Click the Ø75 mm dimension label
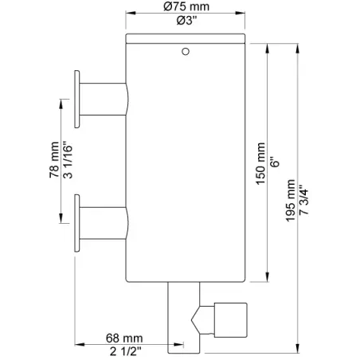pyautogui.click(x=186, y=6)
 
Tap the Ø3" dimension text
pyautogui.click(x=187, y=21)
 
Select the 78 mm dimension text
pyautogui.click(x=54, y=160)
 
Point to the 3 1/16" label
pyautogui.click(x=68, y=162)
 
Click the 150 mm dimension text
pyautogui.click(x=260, y=163)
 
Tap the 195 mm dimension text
pyautogui.click(x=291, y=201)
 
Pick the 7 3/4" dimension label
pyautogui.click(x=303, y=200)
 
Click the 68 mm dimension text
pyautogui.click(x=124, y=338)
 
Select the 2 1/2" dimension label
pyautogui.click(x=126, y=351)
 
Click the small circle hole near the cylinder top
pyautogui.click(x=186, y=51)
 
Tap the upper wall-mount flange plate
pyautogui.click(x=77, y=100)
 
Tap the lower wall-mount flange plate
pyautogui.click(x=77, y=223)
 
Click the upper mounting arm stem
pyautogui.click(x=104, y=100)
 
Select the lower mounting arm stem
pyautogui.click(x=104, y=223)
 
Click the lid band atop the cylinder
pyautogui.click(x=186, y=38)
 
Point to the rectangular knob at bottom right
pyautogui.click(x=231, y=320)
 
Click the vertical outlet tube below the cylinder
pyautogui.click(x=184, y=318)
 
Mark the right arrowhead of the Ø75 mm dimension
pyautogui.click(x=240, y=13)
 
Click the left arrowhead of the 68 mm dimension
pyautogui.click(x=80, y=344)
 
